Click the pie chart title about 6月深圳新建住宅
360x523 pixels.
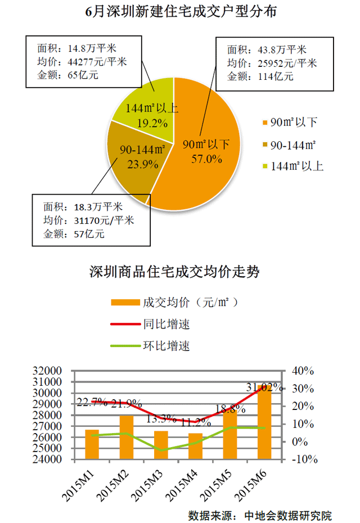point(181,12)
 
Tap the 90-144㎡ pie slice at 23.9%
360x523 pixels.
point(132,163)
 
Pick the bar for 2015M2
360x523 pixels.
point(126,437)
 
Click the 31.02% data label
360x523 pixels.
point(264,387)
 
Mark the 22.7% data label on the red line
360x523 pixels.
point(92,402)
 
